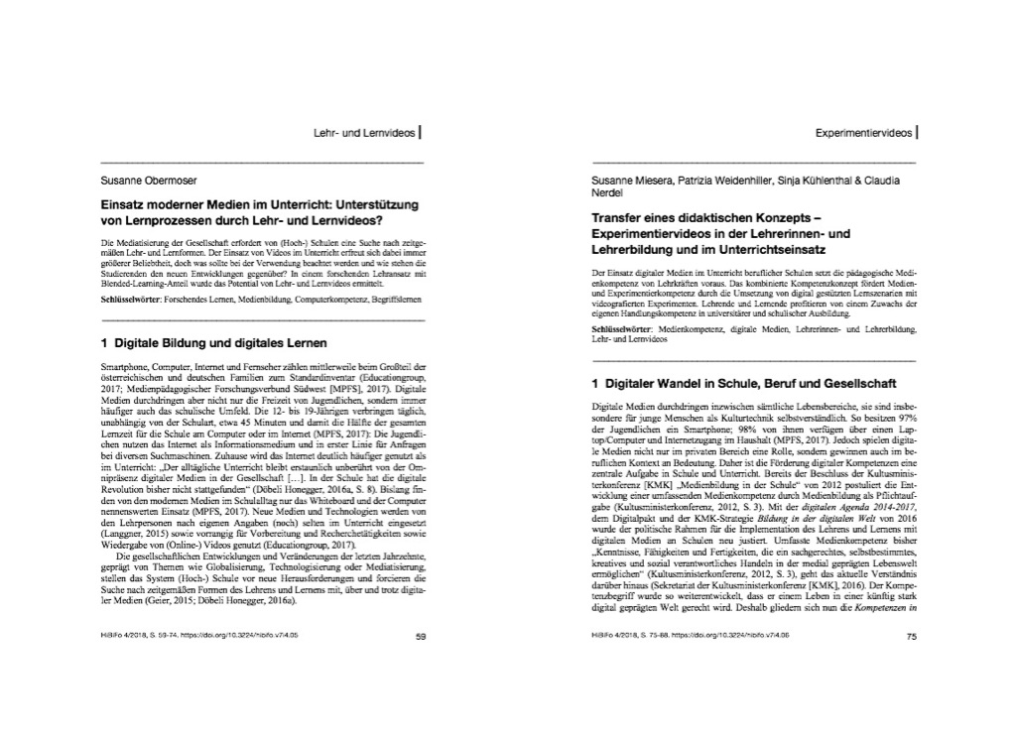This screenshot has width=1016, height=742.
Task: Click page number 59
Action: [420, 638]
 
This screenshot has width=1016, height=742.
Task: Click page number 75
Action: [911, 638]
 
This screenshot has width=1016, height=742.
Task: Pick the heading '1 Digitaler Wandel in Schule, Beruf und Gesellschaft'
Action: [743, 383]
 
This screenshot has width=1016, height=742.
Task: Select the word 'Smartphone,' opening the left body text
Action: [126, 367]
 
